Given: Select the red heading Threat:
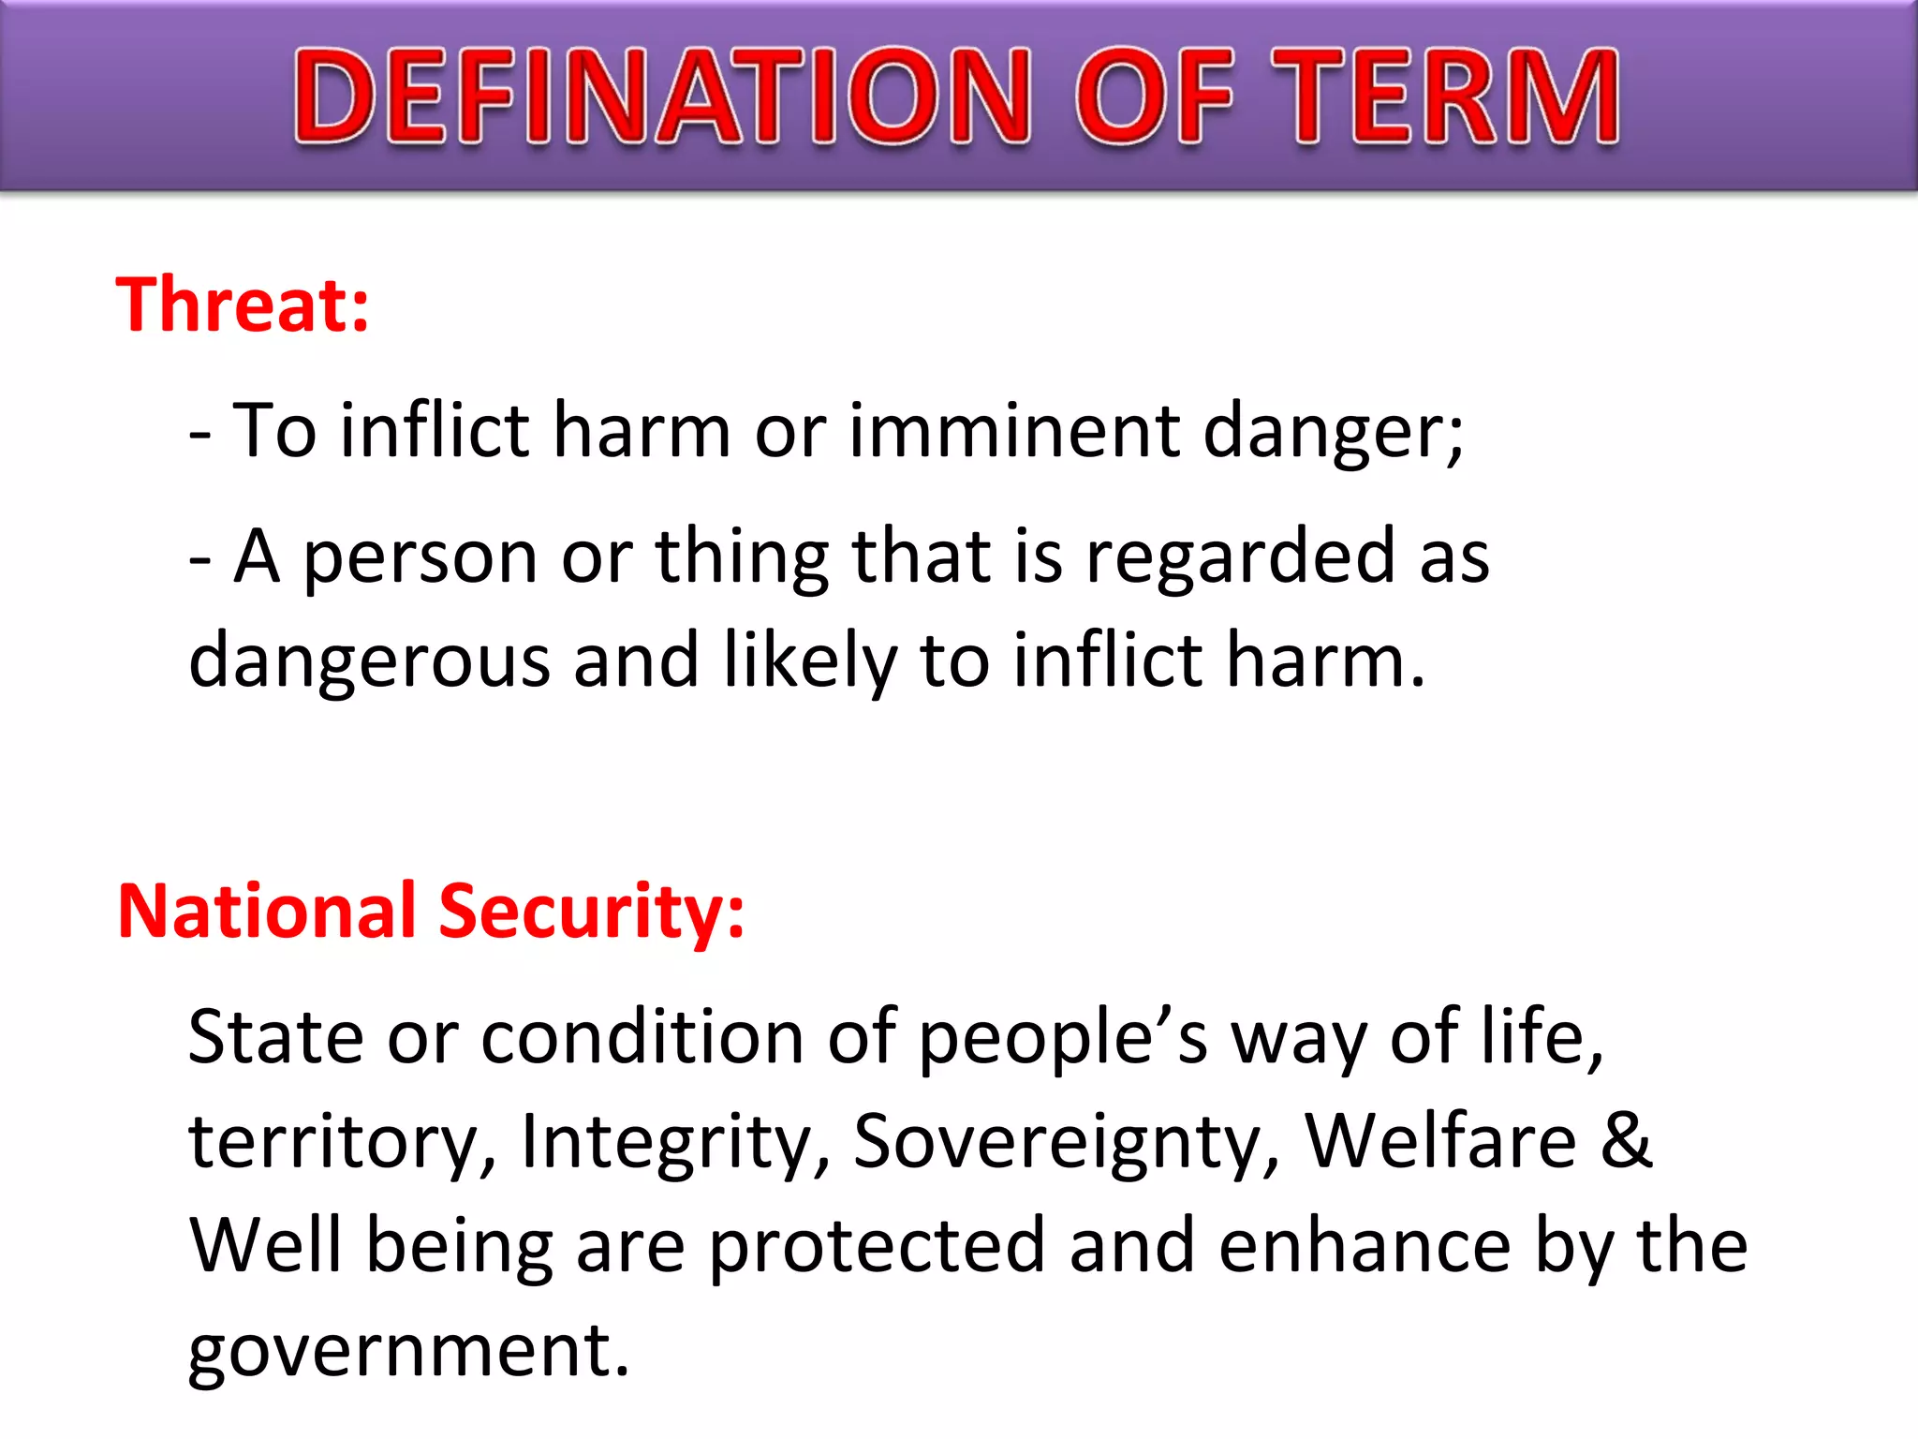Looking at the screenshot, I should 243,305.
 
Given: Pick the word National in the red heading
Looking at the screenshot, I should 266,911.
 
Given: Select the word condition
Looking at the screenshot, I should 642,1037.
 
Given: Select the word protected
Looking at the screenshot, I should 876,1247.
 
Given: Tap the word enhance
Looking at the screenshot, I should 1365,1245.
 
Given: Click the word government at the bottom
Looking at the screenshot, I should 408,1351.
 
